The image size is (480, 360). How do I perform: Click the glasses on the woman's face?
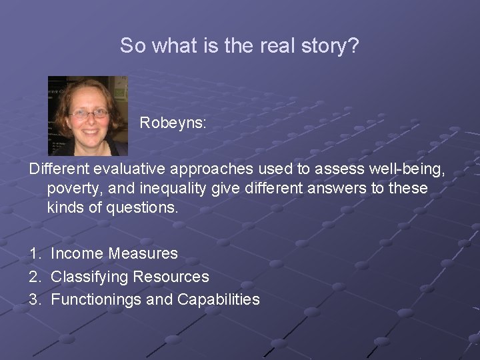(89, 114)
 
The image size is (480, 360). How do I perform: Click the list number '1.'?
(35, 253)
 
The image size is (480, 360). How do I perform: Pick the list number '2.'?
(35, 277)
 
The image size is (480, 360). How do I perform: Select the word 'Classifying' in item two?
(90, 277)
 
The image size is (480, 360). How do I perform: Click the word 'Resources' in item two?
(171, 277)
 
